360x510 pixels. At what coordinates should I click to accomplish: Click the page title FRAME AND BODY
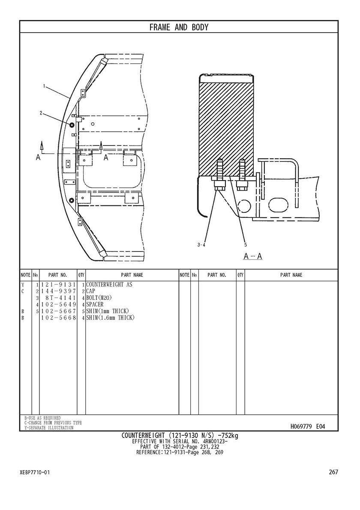(x=179, y=27)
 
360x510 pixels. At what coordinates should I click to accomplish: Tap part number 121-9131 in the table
(x=58, y=285)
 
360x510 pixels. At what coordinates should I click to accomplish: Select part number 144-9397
(x=58, y=291)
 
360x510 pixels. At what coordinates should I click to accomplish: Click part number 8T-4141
(x=61, y=298)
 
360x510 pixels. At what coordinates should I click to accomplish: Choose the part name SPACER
(x=95, y=305)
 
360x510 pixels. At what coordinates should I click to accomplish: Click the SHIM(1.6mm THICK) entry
(x=110, y=318)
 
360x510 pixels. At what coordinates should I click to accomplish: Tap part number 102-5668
(x=58, y=318)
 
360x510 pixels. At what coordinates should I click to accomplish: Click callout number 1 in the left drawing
(x=44, y=86)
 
